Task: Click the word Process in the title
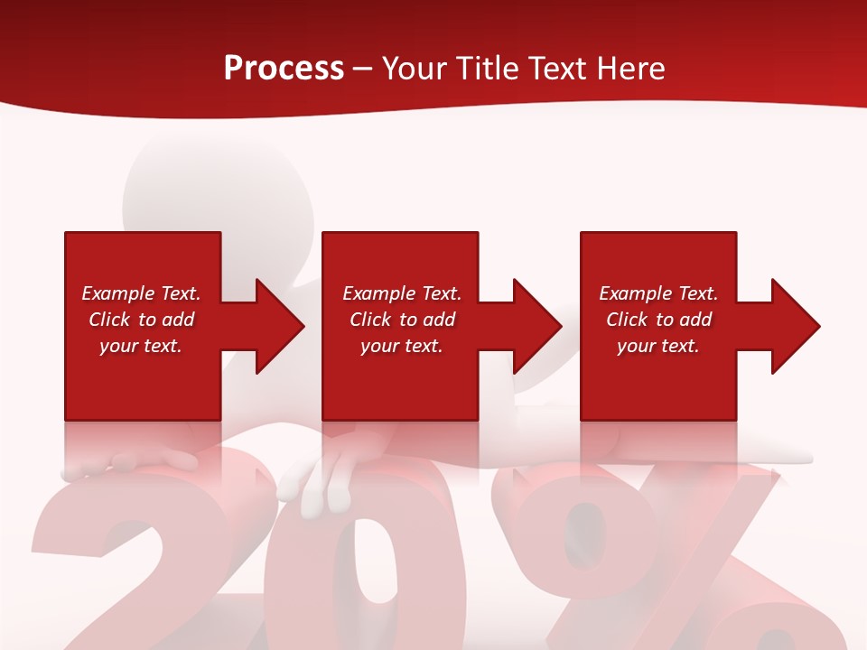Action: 284,69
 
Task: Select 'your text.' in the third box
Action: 658,346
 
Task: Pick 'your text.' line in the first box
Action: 141,346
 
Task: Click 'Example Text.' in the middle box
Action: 402,293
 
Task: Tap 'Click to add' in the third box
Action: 658,320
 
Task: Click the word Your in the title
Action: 416,69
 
